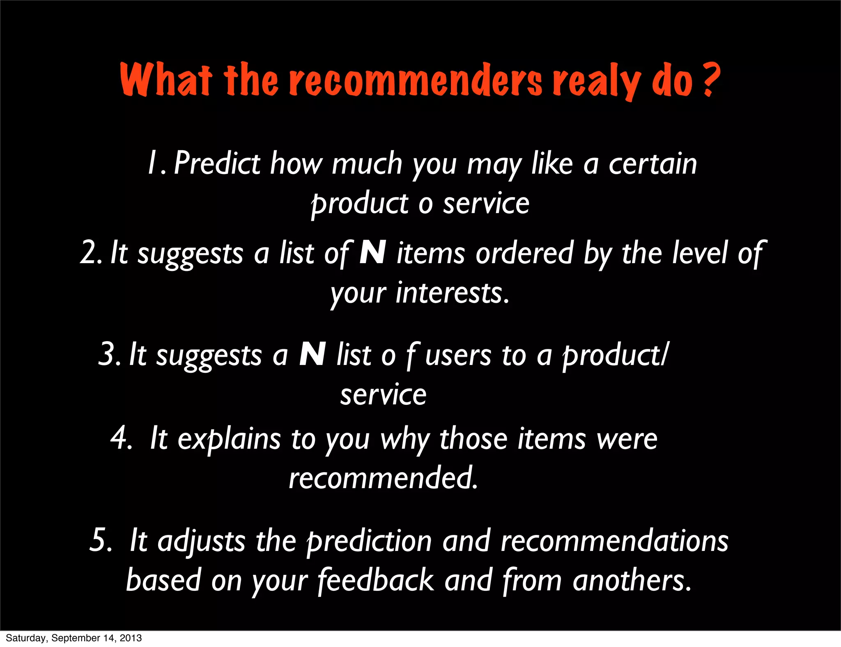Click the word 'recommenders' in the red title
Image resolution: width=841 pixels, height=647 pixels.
[416, 80]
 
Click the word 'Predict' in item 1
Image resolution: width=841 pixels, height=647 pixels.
[217, 163]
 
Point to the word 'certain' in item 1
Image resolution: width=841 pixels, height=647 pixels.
[653, 163]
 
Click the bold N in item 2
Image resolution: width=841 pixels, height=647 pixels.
[372, 252]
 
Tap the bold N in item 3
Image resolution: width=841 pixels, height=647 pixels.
[313, 354]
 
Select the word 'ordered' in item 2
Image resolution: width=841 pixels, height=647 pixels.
[524, 253]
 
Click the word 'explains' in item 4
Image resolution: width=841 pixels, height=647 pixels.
[229, 439]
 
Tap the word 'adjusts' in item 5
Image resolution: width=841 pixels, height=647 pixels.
[202, 541]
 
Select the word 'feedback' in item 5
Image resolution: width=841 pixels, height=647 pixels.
[376, 580]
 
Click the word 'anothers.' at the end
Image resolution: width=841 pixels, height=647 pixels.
[632, 580]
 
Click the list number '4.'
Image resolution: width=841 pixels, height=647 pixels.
[121, 438]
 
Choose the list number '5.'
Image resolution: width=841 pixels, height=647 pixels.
[101, 540]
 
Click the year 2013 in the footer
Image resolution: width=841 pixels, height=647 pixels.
[131, 638]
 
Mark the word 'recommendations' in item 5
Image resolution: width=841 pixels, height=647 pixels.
[614, 541]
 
